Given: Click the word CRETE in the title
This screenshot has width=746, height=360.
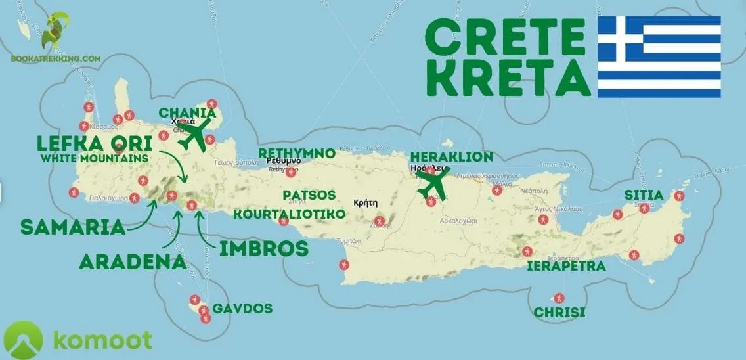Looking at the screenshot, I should (x=504, y=38).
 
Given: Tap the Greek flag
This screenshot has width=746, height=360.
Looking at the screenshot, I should (x=659, y=57).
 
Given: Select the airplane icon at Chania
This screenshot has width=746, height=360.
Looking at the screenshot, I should (x=195, y=133).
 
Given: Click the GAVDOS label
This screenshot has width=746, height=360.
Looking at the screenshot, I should (x=246, y=309).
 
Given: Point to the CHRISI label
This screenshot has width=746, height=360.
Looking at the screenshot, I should (x=559, y=313).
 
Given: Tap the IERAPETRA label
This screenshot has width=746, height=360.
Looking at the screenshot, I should (x=567, y=266).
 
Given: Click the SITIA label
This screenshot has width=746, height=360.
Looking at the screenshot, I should (x=644, y=195).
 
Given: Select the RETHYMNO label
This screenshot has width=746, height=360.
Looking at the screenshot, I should (x=296, y=153).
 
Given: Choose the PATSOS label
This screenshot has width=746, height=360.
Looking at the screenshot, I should (x=309, y=195).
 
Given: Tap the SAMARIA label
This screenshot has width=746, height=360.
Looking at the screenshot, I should (x=73, y=227).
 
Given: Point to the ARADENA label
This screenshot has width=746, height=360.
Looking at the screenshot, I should (x=132, y=261).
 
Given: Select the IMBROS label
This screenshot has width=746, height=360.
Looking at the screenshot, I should (x=263, y=248).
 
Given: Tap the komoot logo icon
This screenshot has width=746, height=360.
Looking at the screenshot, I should (x=22, y=340).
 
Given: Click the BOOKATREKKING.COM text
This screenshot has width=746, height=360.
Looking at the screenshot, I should (x=55, y=58).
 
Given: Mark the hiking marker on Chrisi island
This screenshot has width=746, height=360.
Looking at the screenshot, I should (x=559, y=298).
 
